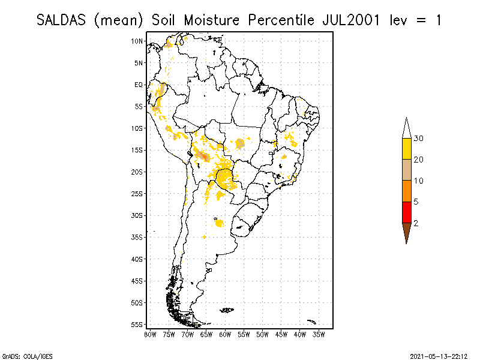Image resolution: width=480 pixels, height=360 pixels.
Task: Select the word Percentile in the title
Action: [x=282, y=20]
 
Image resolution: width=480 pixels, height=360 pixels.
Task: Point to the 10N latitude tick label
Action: [x=137, y=41]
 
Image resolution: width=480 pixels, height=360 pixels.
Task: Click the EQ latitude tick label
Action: [x=139, y=85]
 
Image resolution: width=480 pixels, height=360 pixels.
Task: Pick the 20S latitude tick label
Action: [x=137, y=172]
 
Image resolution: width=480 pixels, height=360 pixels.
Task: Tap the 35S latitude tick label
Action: [x=137, y=237]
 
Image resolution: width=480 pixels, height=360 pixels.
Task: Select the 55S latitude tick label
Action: [x=137, y=325]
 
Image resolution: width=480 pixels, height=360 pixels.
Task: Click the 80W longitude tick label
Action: [x=150, y=334]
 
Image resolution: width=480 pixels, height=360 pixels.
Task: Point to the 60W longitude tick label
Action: [x=225, y=334]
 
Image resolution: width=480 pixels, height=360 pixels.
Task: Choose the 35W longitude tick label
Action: [x=319, y=334]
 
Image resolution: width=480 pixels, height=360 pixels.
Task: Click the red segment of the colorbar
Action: [x=407, y=212]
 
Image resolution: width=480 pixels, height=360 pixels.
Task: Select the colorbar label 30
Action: [x=419, y=139]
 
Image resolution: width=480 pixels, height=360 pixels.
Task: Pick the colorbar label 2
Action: [x=416, y=223]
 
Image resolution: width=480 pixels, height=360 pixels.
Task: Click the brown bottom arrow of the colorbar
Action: [x=407, y=232]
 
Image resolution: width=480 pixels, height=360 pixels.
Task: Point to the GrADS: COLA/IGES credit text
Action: [x=20, y=355]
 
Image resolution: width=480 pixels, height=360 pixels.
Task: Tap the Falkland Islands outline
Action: [x=227, y=310]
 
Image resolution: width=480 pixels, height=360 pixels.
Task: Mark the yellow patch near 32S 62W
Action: [x=218, y=223]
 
